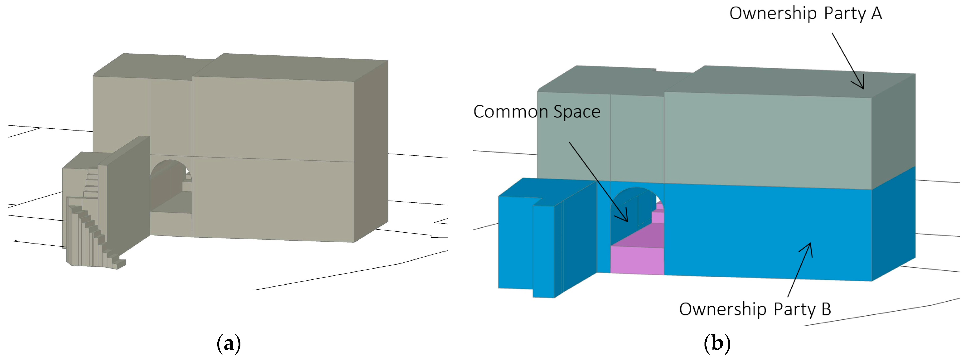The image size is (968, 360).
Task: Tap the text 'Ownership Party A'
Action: pos(805,14)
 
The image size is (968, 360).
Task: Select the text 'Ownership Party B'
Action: pos(755,309)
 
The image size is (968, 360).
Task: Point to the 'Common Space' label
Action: pos(537,112)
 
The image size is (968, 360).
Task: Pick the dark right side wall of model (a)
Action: pos(370,150)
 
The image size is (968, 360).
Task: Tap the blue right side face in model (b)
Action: pos(894,222)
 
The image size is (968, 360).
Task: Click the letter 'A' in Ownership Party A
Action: pos(876,14)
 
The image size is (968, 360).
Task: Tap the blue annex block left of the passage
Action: pos(526,241)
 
